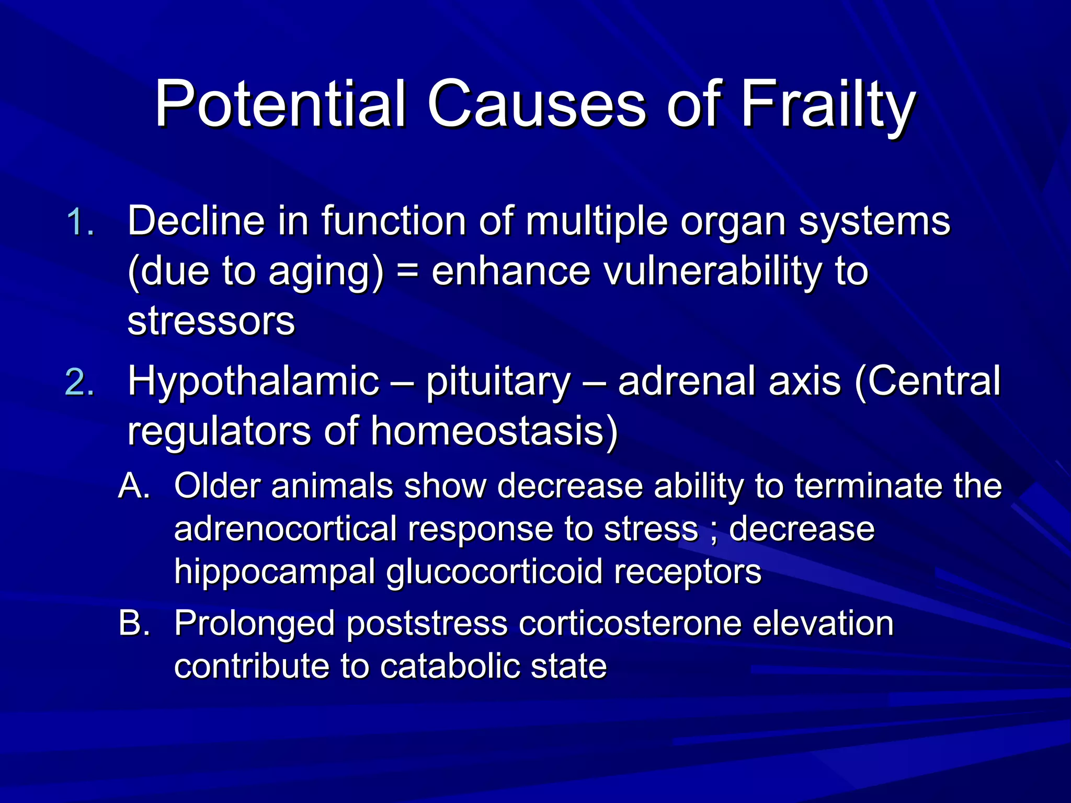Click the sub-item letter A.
click(x=134, y=486)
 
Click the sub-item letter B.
click(x=134, y=623)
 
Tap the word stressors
click(x=211, y=321)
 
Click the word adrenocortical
click(x=285, y=529)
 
